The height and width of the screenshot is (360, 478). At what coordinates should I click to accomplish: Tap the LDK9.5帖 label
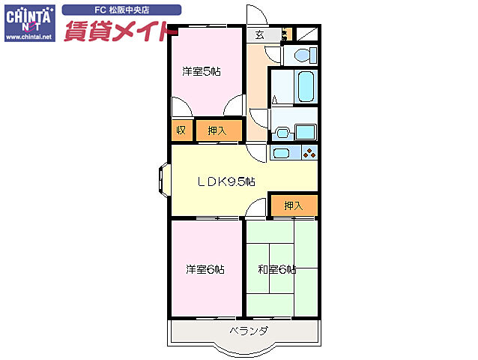pyautogui.click(x=226, y=181)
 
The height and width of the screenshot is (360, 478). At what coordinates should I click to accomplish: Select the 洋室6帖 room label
pyautogui.click(x=205, y=269)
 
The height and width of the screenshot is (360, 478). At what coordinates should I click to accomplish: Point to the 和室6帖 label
pyautogui.click(x=276, y=269)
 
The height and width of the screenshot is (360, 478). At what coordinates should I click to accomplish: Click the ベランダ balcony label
pyautogui.click(x=249, y=330)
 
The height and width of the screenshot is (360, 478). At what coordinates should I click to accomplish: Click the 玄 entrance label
pyautogui.click(x=259, y=34)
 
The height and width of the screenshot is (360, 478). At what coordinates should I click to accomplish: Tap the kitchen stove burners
pyautogui.click(x=309, y=154)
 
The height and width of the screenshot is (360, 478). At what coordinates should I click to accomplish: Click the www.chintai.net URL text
pyautogui.click(x=28, y=36)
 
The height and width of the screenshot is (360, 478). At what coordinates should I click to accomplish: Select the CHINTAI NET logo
pyautogui.click(x=28, y=16)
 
